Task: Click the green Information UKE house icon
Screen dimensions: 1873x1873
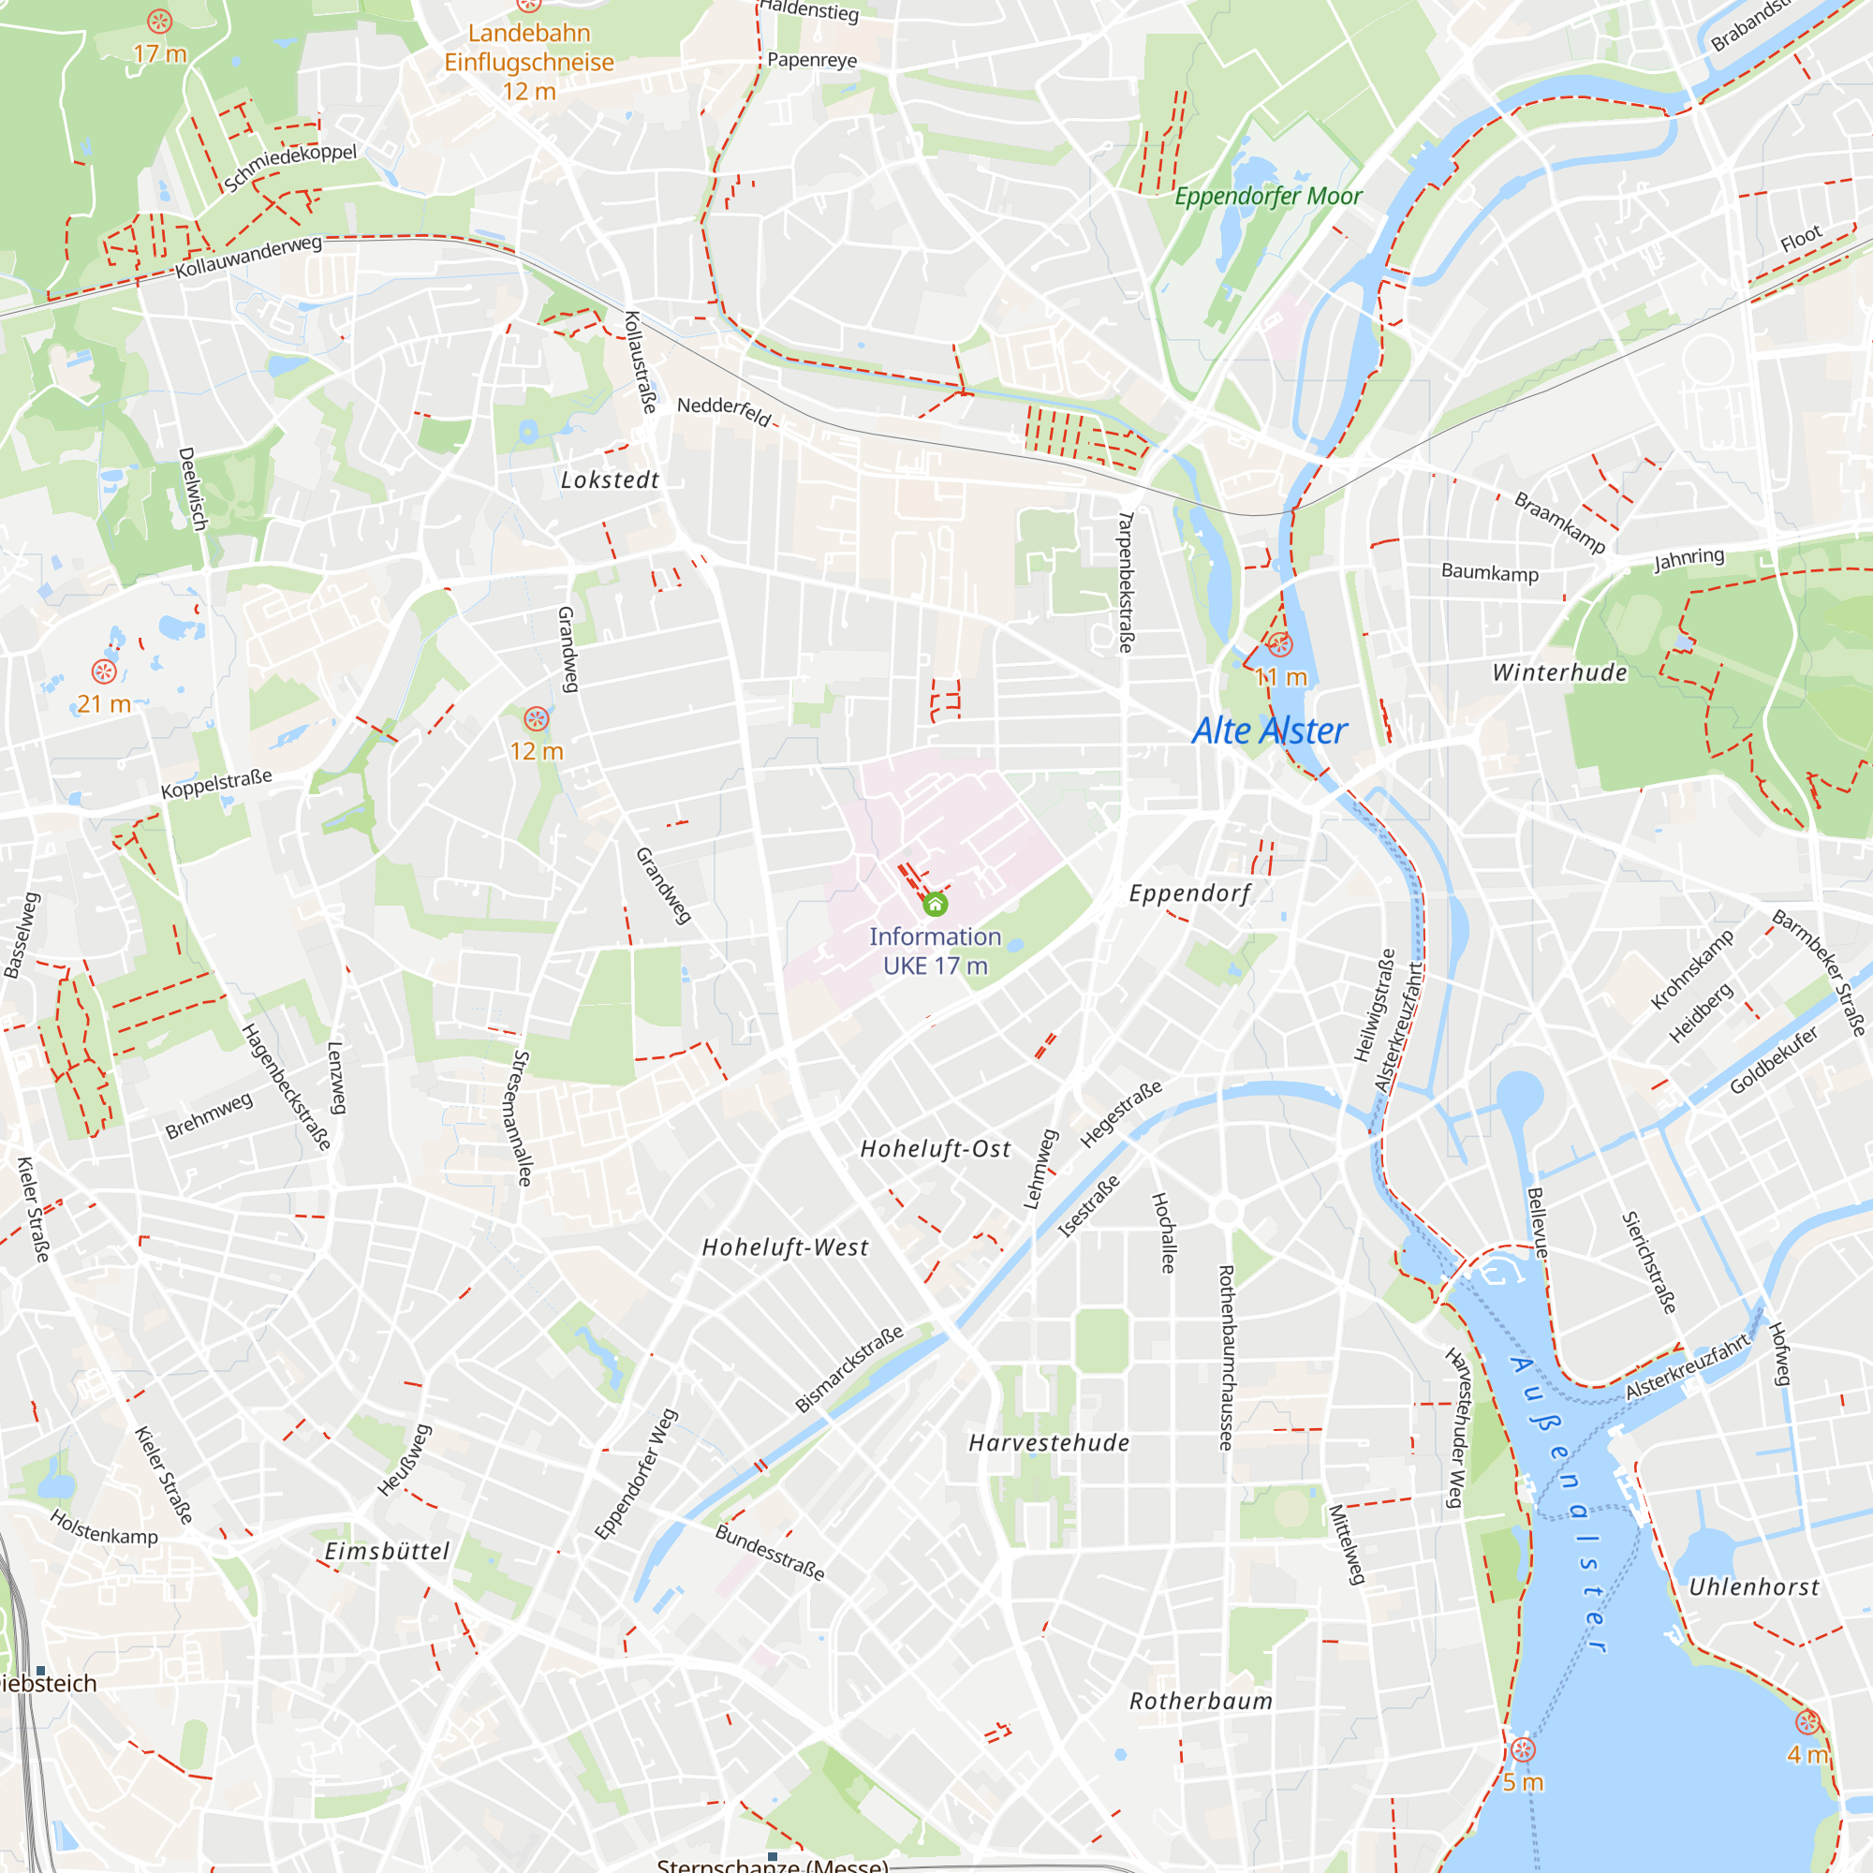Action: (x=935, y=905)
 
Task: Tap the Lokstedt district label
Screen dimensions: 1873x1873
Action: (x=610, y=479)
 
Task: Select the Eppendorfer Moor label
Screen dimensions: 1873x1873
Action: (x=1268, y=197)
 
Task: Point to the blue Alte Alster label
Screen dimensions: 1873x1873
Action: (x=1269, y=731)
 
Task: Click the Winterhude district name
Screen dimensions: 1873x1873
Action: (x=1560, y=672)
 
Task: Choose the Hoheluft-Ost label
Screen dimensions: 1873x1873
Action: (x=936, y=1149)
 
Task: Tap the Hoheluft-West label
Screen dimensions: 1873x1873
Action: (x=786, y=1247)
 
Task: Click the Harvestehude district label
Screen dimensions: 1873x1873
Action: (x=1049, y=1442)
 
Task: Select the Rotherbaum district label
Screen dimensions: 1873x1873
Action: (x=1202, y=1702)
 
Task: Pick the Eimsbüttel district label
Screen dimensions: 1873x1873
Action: (x=387, y=1551)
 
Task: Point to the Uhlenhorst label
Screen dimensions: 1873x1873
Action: (x=1755, y=1587)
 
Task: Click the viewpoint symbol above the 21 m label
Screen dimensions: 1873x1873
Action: (x=104, y=671)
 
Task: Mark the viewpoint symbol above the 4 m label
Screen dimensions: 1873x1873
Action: (x=1807, y=1722)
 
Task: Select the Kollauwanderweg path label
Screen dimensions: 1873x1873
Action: (x=248, y=257)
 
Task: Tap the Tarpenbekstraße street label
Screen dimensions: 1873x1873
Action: (x=1126, y=582)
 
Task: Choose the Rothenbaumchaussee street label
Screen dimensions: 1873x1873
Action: (x=1227, y=1357)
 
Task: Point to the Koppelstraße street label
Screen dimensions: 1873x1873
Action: (x=216, y=783)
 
